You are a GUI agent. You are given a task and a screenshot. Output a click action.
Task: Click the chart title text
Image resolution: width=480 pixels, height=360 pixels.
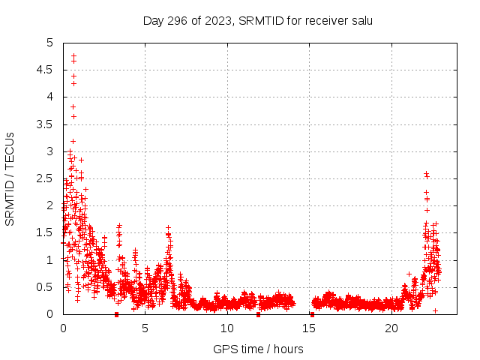coord(257,20)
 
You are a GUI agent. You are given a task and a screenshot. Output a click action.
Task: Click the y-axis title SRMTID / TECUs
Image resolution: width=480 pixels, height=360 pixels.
coord(10,178)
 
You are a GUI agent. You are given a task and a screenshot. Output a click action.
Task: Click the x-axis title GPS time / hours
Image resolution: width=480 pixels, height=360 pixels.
coord(258,349)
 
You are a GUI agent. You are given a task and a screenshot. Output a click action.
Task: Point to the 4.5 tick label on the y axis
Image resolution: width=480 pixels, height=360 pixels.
coord(46,70)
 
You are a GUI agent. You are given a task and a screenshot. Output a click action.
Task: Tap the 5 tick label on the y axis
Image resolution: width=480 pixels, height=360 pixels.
coord(50,43)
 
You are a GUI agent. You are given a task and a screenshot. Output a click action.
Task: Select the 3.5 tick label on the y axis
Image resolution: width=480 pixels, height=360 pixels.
coord(46,124)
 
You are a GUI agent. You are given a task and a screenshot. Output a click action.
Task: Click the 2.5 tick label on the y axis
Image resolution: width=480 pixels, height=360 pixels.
coord(46,178)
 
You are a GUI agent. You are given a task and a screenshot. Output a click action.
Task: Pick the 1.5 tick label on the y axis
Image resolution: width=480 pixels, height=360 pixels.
coord(46,233)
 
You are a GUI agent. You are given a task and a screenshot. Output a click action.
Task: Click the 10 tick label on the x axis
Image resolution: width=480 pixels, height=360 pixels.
coord(227,328)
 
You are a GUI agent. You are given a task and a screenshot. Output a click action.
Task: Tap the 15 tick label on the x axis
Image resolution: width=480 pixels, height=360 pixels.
coord(310,328)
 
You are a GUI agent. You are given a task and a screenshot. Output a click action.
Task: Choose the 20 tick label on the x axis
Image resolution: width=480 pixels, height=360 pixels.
coord(391,328)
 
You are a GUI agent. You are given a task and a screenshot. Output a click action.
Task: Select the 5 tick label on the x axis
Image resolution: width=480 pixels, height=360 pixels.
coord(145,328)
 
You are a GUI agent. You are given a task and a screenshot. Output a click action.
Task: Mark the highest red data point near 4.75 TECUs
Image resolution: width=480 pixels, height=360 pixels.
coord(73,55)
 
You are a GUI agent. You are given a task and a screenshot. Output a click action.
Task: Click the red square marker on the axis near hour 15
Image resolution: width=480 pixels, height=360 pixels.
coord(312,314)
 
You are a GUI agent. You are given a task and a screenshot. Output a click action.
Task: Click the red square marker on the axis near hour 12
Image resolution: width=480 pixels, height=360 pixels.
coord(258,314)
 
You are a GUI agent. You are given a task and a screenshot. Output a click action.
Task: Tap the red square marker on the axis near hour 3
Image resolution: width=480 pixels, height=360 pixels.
coord(116,314)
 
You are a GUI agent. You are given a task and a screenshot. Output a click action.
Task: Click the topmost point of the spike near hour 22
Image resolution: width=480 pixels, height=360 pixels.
coord(426,173)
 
